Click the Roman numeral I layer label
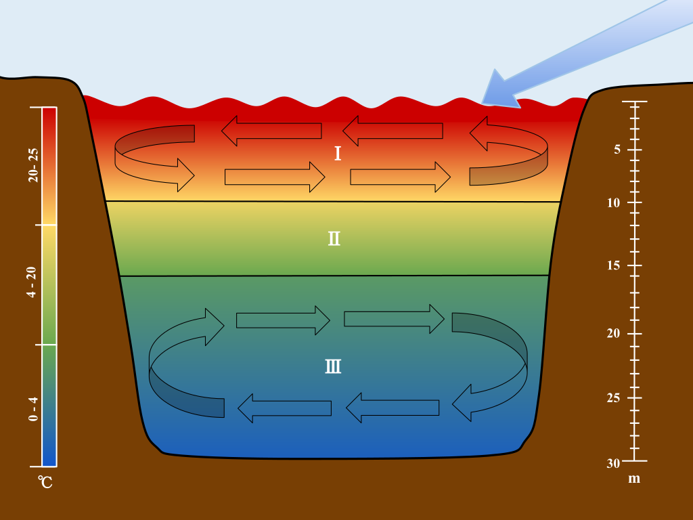[x=337, y=154]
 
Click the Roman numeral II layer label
[x=334, y=238]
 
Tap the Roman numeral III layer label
[x=333, y=367]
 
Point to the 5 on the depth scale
[x=617, y=150]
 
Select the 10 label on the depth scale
[x=614, y=202]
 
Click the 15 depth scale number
[x=614, y=265]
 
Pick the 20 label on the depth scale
[x=614, y=333]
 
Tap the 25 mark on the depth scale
[x=614, y=397]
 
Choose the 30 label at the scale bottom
[x=614, y=463]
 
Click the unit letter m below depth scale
[x=634, y=479]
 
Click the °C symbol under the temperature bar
[x=45, y=482]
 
